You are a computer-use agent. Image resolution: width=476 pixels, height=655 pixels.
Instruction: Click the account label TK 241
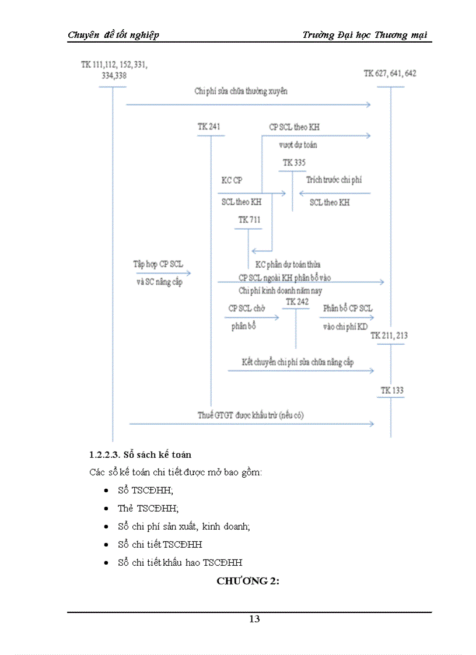tap(209, 127)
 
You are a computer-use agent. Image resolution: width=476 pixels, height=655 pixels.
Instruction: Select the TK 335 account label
tap(294, 163)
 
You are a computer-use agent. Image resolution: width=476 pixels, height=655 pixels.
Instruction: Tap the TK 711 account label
tap(249, 220)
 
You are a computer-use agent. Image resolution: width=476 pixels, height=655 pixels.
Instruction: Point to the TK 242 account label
tap(297, 302)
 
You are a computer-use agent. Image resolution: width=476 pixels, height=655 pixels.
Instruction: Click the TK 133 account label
tap(392, 390)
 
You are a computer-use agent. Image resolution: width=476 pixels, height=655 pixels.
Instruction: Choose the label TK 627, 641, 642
tap(390, 73)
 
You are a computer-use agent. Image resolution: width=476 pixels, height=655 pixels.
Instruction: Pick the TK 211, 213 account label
tap(389, 335)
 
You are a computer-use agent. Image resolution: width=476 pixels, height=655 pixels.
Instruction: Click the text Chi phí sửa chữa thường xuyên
tap(241, 92)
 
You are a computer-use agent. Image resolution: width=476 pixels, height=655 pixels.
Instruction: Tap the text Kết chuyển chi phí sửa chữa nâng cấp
tap(297, 362)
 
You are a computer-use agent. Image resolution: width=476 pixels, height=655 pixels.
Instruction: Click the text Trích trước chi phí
tap(334, 180)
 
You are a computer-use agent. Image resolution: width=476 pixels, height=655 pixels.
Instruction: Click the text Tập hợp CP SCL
tap(157, 264)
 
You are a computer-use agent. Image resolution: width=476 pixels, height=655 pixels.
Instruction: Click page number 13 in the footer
tap(254, 619)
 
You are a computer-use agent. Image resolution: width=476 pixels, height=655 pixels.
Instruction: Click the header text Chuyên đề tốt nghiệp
tap(113, 35)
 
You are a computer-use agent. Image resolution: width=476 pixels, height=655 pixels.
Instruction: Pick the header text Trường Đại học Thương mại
tap(365, 35)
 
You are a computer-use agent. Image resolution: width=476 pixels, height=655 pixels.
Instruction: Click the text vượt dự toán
tap(298, 145)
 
